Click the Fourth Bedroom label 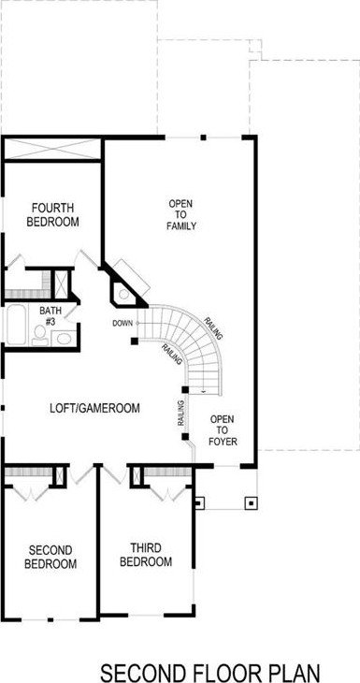click(x=52, y=214)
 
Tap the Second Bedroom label click(x=50, y=557)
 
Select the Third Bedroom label click(x=146, y=555)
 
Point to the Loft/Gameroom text click(x=94, y=409)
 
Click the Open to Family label click(x=181, y=214)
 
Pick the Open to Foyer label click(x=223, y=430)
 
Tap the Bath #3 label click(x=50, y=315)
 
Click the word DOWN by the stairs click(x=122, y=323)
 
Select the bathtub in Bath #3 click(x=17, y=325)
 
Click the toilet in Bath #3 click(x=40, y=335)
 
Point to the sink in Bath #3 click(x=64, y=338)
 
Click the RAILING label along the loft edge click(x=181, y=414)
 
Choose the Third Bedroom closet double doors click(x=168, y=492)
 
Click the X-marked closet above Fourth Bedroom click(x=51, y=149)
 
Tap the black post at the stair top click(x=135, y=341)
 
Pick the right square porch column click(x=252, y=503)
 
